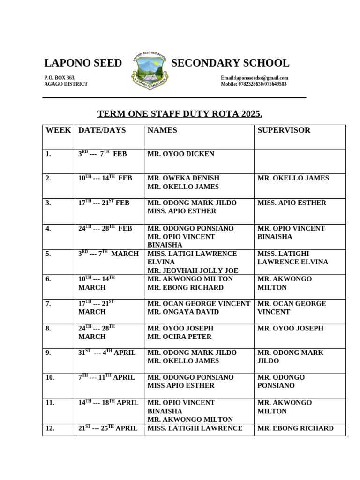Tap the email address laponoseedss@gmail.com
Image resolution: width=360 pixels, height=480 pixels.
coord(255,78)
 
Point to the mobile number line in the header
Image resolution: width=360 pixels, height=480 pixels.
coord(254,84)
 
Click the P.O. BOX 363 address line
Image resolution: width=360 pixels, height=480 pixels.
coord(60,78)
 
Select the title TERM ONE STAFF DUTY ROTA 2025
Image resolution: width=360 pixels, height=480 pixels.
coord(180,114)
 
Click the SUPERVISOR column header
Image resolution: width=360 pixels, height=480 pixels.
coord(284,130)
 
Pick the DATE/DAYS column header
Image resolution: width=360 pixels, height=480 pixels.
coord(102,130)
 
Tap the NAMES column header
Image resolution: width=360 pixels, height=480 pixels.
coord(162,130)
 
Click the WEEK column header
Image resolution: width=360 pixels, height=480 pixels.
coord(59,130)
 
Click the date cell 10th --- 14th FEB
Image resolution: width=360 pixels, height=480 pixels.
coord(105,178)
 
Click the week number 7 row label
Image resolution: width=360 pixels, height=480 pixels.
coord(48,304)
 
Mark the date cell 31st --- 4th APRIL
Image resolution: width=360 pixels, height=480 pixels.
coord(107,352)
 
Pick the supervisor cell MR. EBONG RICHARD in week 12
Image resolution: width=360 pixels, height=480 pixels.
coord(295,428)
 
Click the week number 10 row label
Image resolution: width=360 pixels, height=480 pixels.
coord(50,377)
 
